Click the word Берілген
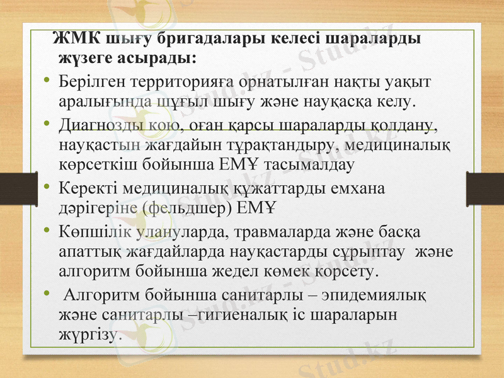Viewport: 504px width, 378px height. (88, 82)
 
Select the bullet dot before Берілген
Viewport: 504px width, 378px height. (47, 82)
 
